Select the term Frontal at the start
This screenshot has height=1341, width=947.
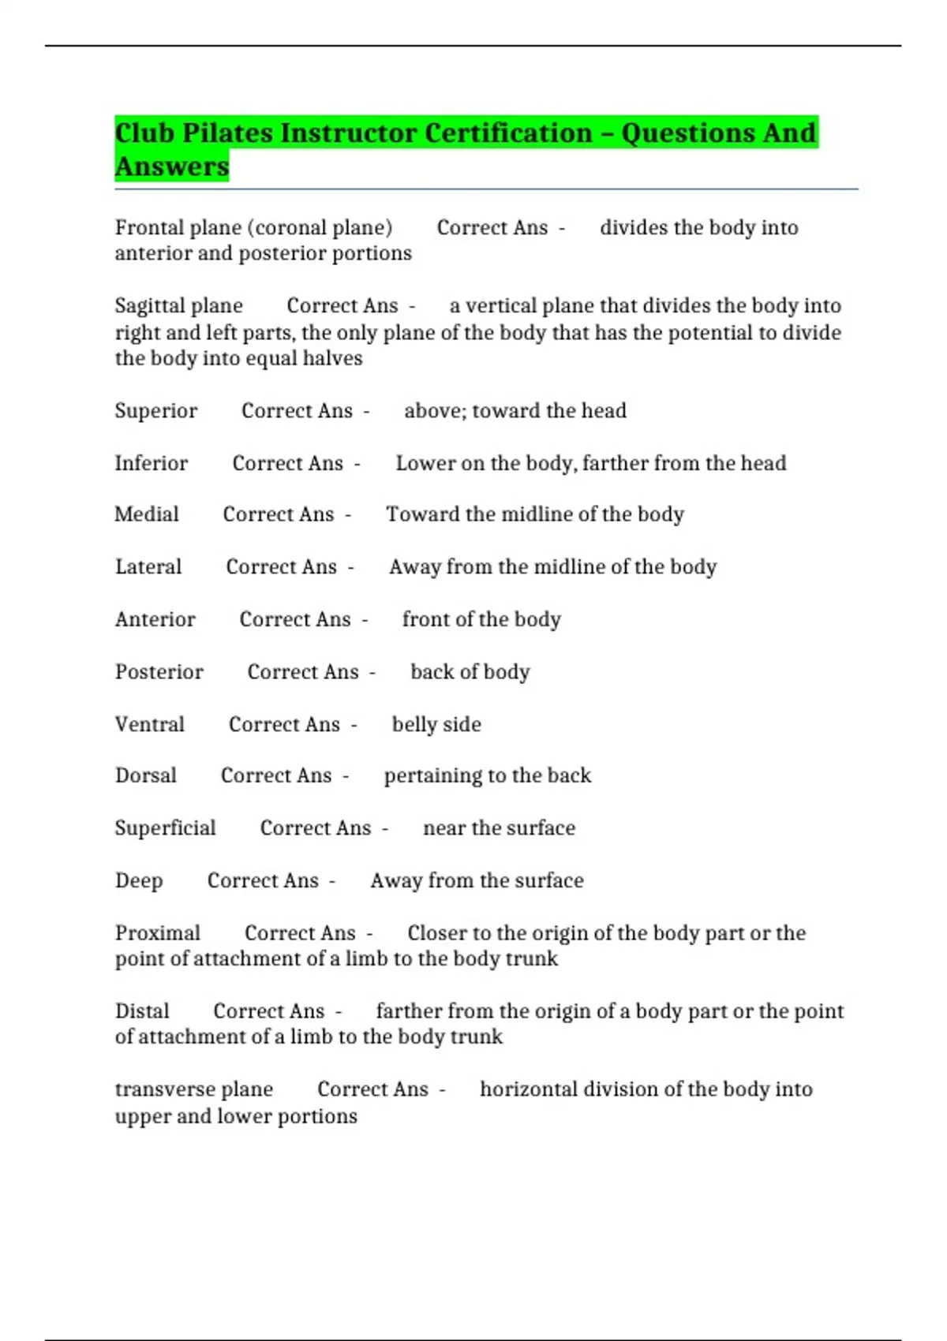(x=143, y=228)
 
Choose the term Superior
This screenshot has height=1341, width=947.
(x=155, y=411)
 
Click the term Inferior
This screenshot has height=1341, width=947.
(x=151, y=463)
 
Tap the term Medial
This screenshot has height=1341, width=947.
(x=147, y=514)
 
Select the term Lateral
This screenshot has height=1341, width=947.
(x=148, y=567)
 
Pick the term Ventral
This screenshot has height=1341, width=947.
(x=149, y=724)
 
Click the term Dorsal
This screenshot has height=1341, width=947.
(x=146, y=775)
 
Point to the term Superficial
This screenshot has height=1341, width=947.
(x=165, y=828)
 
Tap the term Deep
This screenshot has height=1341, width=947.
(x=139, y=880)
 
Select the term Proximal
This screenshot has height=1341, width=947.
(x=158, y=933)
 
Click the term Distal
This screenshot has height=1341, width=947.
(x=142, y=1011)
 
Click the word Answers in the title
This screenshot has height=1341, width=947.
(x=172, y=167)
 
